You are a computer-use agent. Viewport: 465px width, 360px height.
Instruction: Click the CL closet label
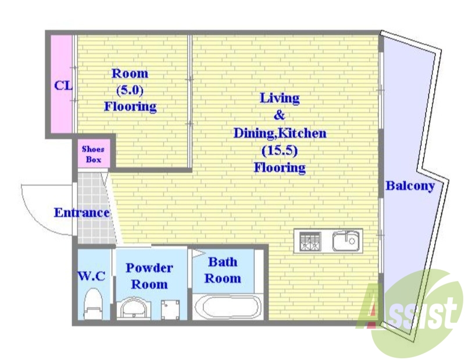point(63,86)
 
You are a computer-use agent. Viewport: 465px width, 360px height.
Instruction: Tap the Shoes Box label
point(94,154)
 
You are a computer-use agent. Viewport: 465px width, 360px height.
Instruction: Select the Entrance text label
point(82,213)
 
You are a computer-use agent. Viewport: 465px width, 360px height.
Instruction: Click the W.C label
point(92,276)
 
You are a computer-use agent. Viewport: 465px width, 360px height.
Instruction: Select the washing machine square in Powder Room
point(170,310)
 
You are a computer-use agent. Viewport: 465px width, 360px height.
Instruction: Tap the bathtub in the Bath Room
point(227,307)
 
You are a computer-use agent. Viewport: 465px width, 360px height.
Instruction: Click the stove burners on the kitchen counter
point(310,242)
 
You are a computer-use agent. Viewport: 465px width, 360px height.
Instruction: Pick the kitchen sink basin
point(346,241)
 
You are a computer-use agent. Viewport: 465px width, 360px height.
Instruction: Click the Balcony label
point(410,186)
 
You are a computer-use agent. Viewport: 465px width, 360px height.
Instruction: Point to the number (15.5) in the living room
point(280,151)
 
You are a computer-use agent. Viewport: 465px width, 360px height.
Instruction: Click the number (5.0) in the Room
point(130,90)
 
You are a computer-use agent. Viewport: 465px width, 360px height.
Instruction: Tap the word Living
point(280,98)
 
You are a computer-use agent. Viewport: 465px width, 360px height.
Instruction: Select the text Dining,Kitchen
point(280,134)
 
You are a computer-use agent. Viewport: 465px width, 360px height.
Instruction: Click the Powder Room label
point(149,276)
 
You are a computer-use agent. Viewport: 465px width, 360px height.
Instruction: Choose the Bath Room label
point(223,270)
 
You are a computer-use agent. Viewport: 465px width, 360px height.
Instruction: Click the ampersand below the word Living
point(280,115)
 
